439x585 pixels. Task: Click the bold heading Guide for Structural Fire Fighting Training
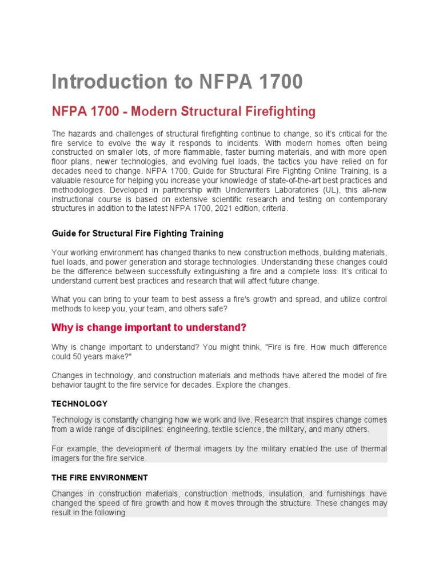[x=137, y=234]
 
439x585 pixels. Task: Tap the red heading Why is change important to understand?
[x=149, y=327]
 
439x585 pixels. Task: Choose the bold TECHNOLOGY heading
[x=79, y=403]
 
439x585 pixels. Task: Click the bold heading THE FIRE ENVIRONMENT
[x=99, y=477]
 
